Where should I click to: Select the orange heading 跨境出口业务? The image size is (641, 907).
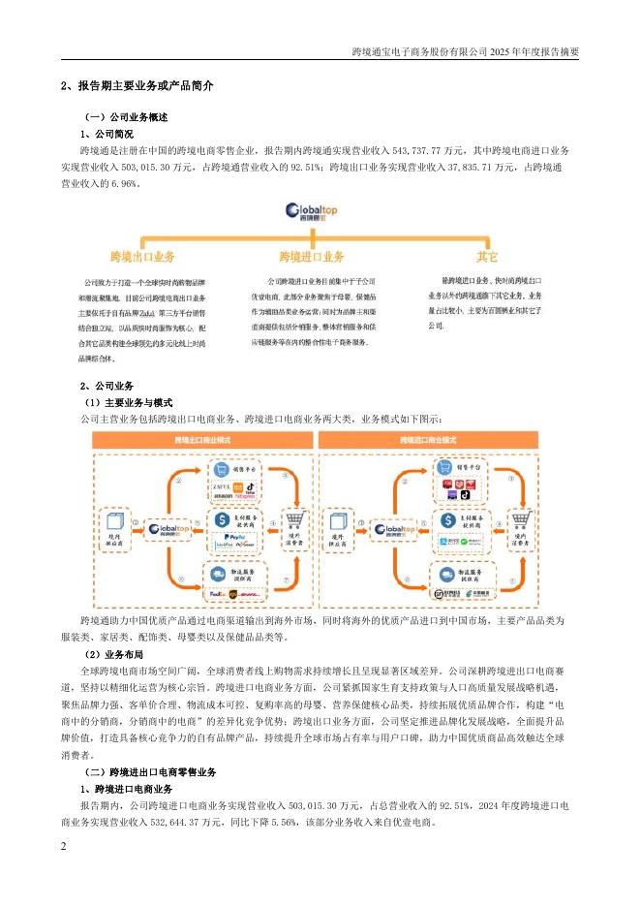click(x=143, y=257)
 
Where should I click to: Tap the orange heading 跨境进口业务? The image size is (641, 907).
click(x=312, y=257)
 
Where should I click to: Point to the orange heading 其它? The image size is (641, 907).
click(x=486, y=257)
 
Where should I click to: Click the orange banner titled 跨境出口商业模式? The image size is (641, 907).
click(x=202, y=440)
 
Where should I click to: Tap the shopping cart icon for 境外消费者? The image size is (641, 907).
click(x=290, y=516)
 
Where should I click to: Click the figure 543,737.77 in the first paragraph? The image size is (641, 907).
click(x=413, y=152)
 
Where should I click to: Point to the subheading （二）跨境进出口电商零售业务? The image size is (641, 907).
click(x=150, y=772)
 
